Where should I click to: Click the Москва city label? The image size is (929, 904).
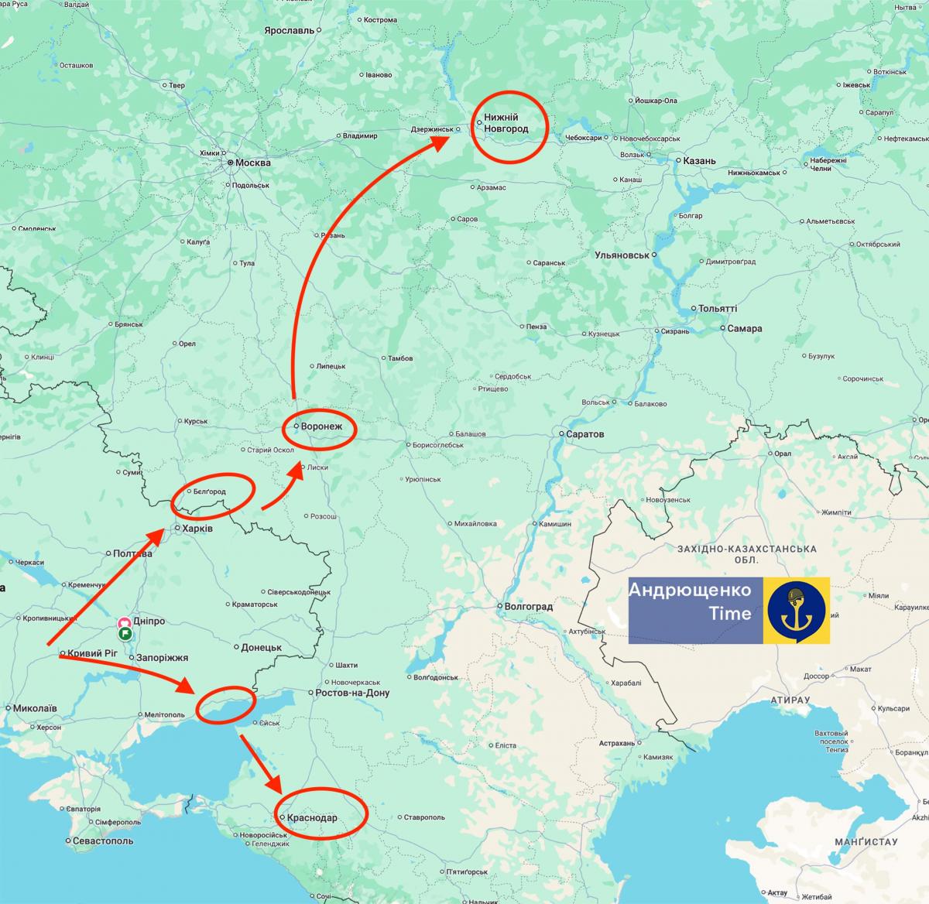point(253,163)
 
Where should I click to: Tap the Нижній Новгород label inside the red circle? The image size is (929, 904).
point(506,123)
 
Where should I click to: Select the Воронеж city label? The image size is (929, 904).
point(326,426)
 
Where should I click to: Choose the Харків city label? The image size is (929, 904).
point(197,529)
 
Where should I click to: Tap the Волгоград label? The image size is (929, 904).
point(529,606)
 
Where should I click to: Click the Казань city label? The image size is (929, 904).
point(699,161)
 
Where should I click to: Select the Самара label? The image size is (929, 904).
point(744,328)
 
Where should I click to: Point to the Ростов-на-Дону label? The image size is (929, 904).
point(352,693)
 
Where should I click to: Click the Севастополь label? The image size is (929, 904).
point(103,841)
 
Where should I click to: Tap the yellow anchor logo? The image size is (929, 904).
point(797,610)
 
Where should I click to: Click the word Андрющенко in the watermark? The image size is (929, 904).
point(690,591)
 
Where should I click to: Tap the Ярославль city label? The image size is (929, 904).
point(289,30)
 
